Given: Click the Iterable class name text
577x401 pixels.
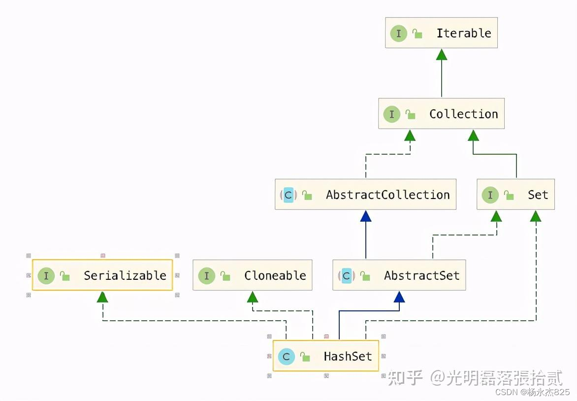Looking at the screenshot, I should pos(463,33).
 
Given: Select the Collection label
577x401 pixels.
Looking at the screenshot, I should pos(463,114).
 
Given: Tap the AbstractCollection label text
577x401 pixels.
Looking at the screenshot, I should pos(387,195).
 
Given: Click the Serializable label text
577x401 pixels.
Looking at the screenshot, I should pos(125,276).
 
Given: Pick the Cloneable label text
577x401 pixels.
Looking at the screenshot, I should pos(275,276).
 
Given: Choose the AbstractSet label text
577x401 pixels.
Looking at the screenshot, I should pos(421,276).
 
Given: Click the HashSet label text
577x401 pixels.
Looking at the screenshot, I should pos(348,357).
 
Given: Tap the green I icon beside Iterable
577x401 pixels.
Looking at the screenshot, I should pos(398,33).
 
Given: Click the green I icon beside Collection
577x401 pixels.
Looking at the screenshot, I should pos(391,114).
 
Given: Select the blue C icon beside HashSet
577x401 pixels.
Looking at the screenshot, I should pos(286,357).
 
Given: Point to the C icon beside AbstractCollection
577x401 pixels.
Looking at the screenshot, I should pos(288,195).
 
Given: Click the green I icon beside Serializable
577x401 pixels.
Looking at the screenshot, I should pos(46,276).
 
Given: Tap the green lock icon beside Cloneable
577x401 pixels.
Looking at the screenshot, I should pos(225,276).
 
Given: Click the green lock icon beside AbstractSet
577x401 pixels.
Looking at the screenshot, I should pos(365,276).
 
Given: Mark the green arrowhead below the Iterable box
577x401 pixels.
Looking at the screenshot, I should pos(442,54).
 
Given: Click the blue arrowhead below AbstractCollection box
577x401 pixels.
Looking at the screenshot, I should pos(365,216).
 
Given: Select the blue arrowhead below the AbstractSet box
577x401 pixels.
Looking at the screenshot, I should pos(399,297).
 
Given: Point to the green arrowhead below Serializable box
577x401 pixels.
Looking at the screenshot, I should pos(102,297).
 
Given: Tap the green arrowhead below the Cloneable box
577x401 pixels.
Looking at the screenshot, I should pos(252,297).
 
